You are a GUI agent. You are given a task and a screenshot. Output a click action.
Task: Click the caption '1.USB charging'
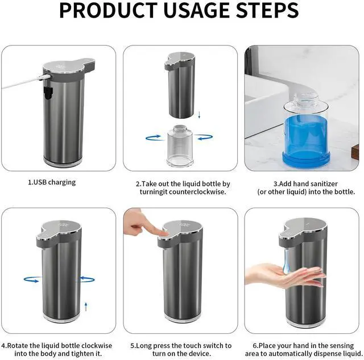[52, 183]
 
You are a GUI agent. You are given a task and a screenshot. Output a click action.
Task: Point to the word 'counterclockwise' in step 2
[197, 192]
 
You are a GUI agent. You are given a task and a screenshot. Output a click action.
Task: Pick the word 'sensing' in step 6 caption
[341, 346]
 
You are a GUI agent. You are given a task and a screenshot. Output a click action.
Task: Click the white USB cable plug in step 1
[44, 77]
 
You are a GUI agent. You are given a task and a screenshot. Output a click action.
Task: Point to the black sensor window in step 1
[48, 93]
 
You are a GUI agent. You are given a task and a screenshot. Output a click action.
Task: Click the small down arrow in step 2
[199, 115]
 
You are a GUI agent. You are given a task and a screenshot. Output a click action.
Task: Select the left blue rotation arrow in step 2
[154, 138]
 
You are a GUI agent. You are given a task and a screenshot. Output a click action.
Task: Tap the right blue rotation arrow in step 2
[204, 137]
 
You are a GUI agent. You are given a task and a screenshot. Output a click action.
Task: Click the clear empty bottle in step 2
[180, 146]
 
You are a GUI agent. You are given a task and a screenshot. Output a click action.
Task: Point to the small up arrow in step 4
[86, 307]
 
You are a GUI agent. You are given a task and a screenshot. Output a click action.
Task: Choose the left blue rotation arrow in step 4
[32, 279]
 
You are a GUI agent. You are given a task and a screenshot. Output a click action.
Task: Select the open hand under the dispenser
[285, 276]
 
